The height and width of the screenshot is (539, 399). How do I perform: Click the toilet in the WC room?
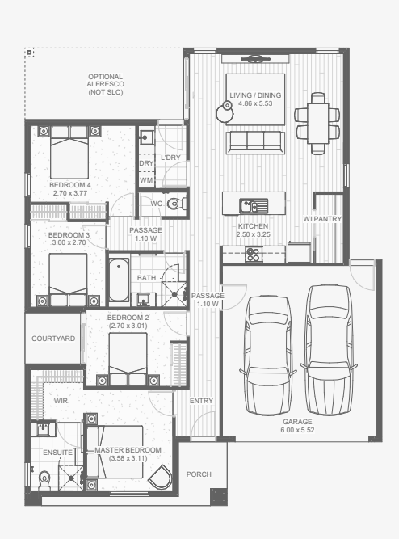pyautogui.click(x=176, y=204)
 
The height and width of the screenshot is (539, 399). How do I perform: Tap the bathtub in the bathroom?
pyautogui.click(x=119, y=280)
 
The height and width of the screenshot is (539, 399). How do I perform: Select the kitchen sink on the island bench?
pyautogui.click(x=254, y=206)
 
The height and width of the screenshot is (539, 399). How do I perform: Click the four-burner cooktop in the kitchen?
pyautogui.click(x=254, y=255)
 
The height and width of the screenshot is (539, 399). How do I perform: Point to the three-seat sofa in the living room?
pyautogui.click(x=255, y=142)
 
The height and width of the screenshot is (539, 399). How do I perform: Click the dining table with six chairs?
pyautogui.click(x=317, y=123)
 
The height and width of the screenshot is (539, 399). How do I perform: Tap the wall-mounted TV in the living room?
pyautogui.click(x=255, y=59)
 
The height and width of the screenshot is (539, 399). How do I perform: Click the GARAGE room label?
pyautogui.click(x=297, y=422)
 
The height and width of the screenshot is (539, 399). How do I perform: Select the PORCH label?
pyautogui.click(x=199, y=474)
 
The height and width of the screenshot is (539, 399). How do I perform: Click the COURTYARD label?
pyautogui.click(x=53, y=339)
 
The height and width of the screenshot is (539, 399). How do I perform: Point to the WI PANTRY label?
pyautogui.click(x=322, y=219)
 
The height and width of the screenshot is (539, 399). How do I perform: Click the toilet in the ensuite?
pyautogui.click(x=44, y=480)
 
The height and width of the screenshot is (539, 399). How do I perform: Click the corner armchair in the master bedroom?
pyautogui.click(x=161, y=477)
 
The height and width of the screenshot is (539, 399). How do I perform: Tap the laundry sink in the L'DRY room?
pyautogui.click(x=146, y=137)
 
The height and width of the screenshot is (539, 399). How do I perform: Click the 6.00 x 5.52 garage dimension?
pyautogui.click(x=297, y=430)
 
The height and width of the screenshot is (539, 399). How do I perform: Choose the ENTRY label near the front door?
pyautogui.click(x=201, y=401)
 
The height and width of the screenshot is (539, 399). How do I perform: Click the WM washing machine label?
pyautogui.click(x=146, y=180)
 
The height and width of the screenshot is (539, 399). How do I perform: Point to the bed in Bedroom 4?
pyautogui.click(x=69, y=152)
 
